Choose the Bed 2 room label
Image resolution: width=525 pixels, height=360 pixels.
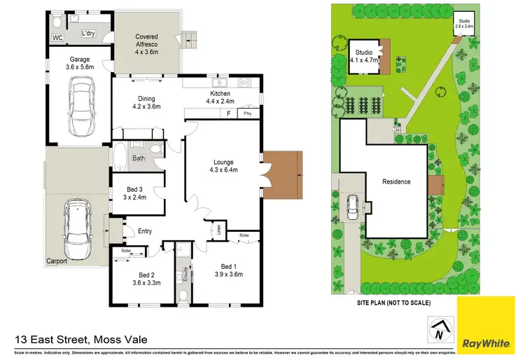pos(146,279)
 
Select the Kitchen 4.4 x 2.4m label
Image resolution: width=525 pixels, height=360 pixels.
pos(220,98)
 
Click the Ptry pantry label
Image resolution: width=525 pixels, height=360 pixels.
pos(247,113)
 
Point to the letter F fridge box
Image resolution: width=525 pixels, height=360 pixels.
pos(227,113)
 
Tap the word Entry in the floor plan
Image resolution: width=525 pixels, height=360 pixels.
pos(145,231)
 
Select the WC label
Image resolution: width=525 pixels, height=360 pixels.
pos(57,37)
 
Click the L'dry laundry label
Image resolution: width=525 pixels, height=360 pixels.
pos(89,33)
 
